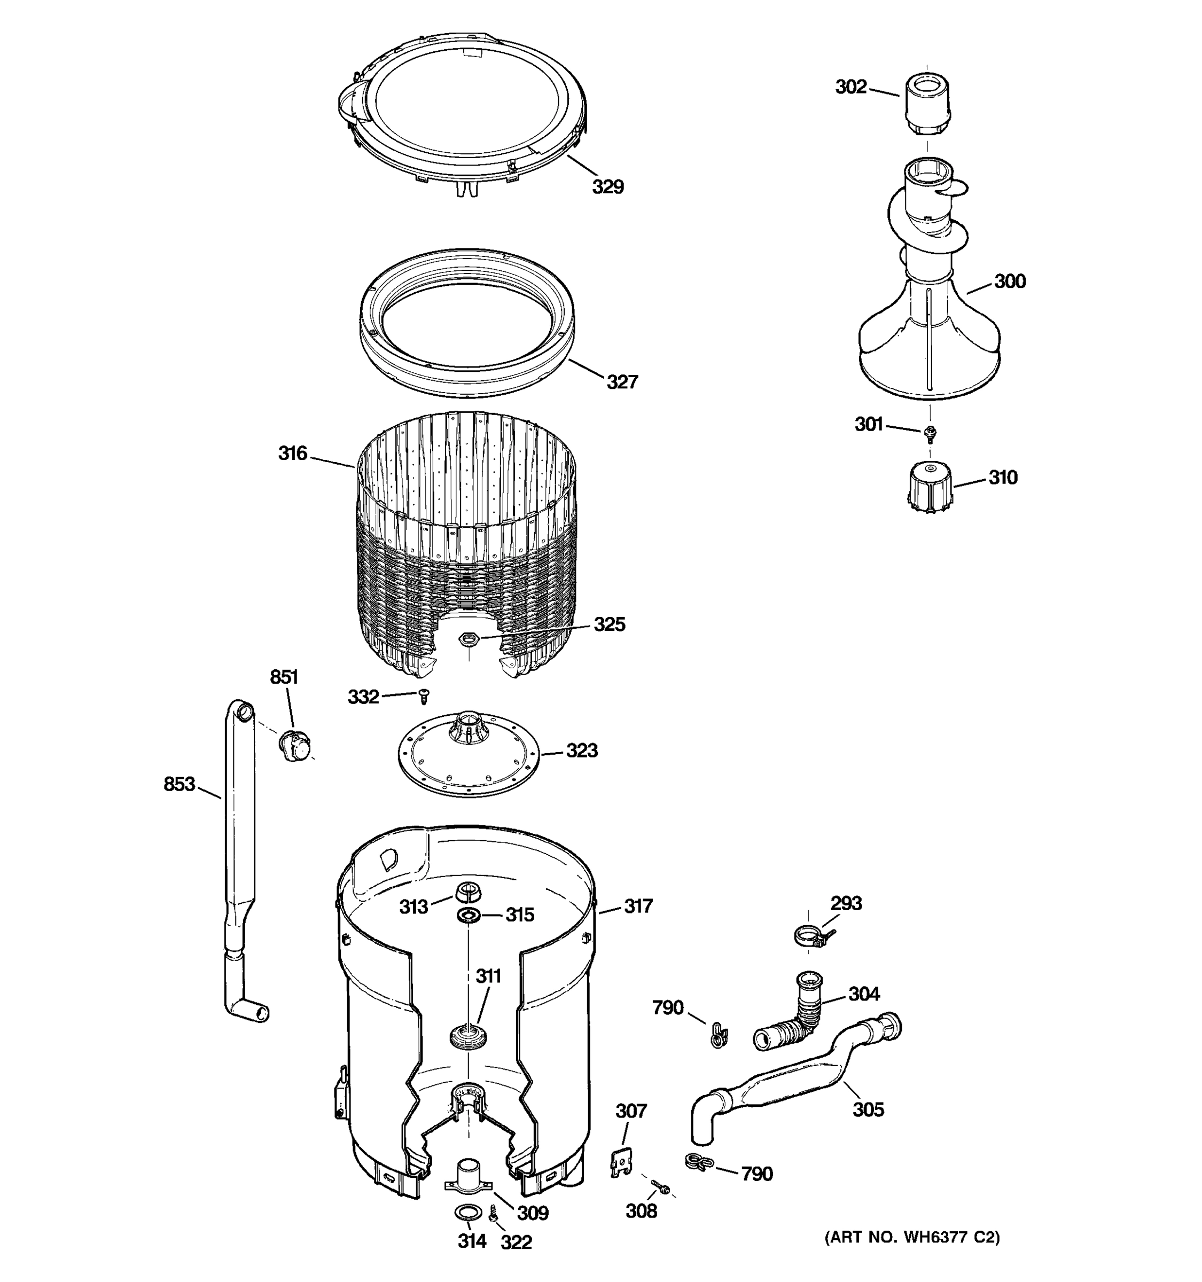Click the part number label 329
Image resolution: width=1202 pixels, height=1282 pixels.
[607, 187]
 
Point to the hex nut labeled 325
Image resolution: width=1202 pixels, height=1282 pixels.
[468, 640]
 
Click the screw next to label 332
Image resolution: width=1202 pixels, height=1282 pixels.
[424, 696]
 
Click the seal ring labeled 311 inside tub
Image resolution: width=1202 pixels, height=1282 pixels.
[468, 1036]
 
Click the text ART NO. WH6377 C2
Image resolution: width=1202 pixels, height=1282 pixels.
[912, 1237]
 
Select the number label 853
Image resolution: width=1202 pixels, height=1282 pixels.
[178, 784]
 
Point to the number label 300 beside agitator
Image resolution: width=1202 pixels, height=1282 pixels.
[1009, 281]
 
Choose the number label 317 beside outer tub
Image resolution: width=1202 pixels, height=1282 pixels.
[637, 906]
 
